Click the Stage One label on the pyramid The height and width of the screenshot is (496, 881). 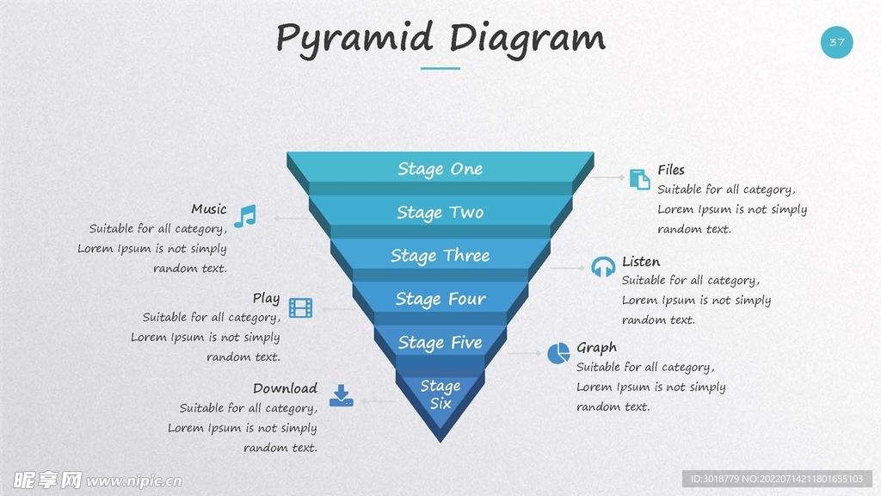(x=440, y=169)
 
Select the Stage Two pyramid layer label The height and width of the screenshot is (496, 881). (x=440, y=213)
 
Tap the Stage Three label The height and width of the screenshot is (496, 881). (x=440, y=256)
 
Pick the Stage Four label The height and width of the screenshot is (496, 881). (x=440, y=299)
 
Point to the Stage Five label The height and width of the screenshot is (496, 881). (x=440, y=343)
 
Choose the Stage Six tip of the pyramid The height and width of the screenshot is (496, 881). (x=440, y=394)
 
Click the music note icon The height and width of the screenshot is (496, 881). (x=245, y=215)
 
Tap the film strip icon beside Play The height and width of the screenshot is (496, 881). (x=300, y=307)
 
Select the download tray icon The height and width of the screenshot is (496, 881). (x=342, y=395)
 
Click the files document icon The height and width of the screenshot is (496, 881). (x=639, y=179)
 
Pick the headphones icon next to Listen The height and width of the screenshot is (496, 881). (x=603, y=266)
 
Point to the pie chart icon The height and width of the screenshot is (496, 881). (x=558, y=353)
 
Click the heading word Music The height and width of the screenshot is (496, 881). (x=209, y=209)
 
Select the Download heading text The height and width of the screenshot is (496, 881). (x=285, y=388)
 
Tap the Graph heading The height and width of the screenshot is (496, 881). (x=596, y=348)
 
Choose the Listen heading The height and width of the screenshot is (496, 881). (x=641, y=261)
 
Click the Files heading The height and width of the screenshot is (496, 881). (x=671, y=170)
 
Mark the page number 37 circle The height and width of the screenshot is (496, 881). (x=836, y=42)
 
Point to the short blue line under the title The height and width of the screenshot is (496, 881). (x=440, y=68)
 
